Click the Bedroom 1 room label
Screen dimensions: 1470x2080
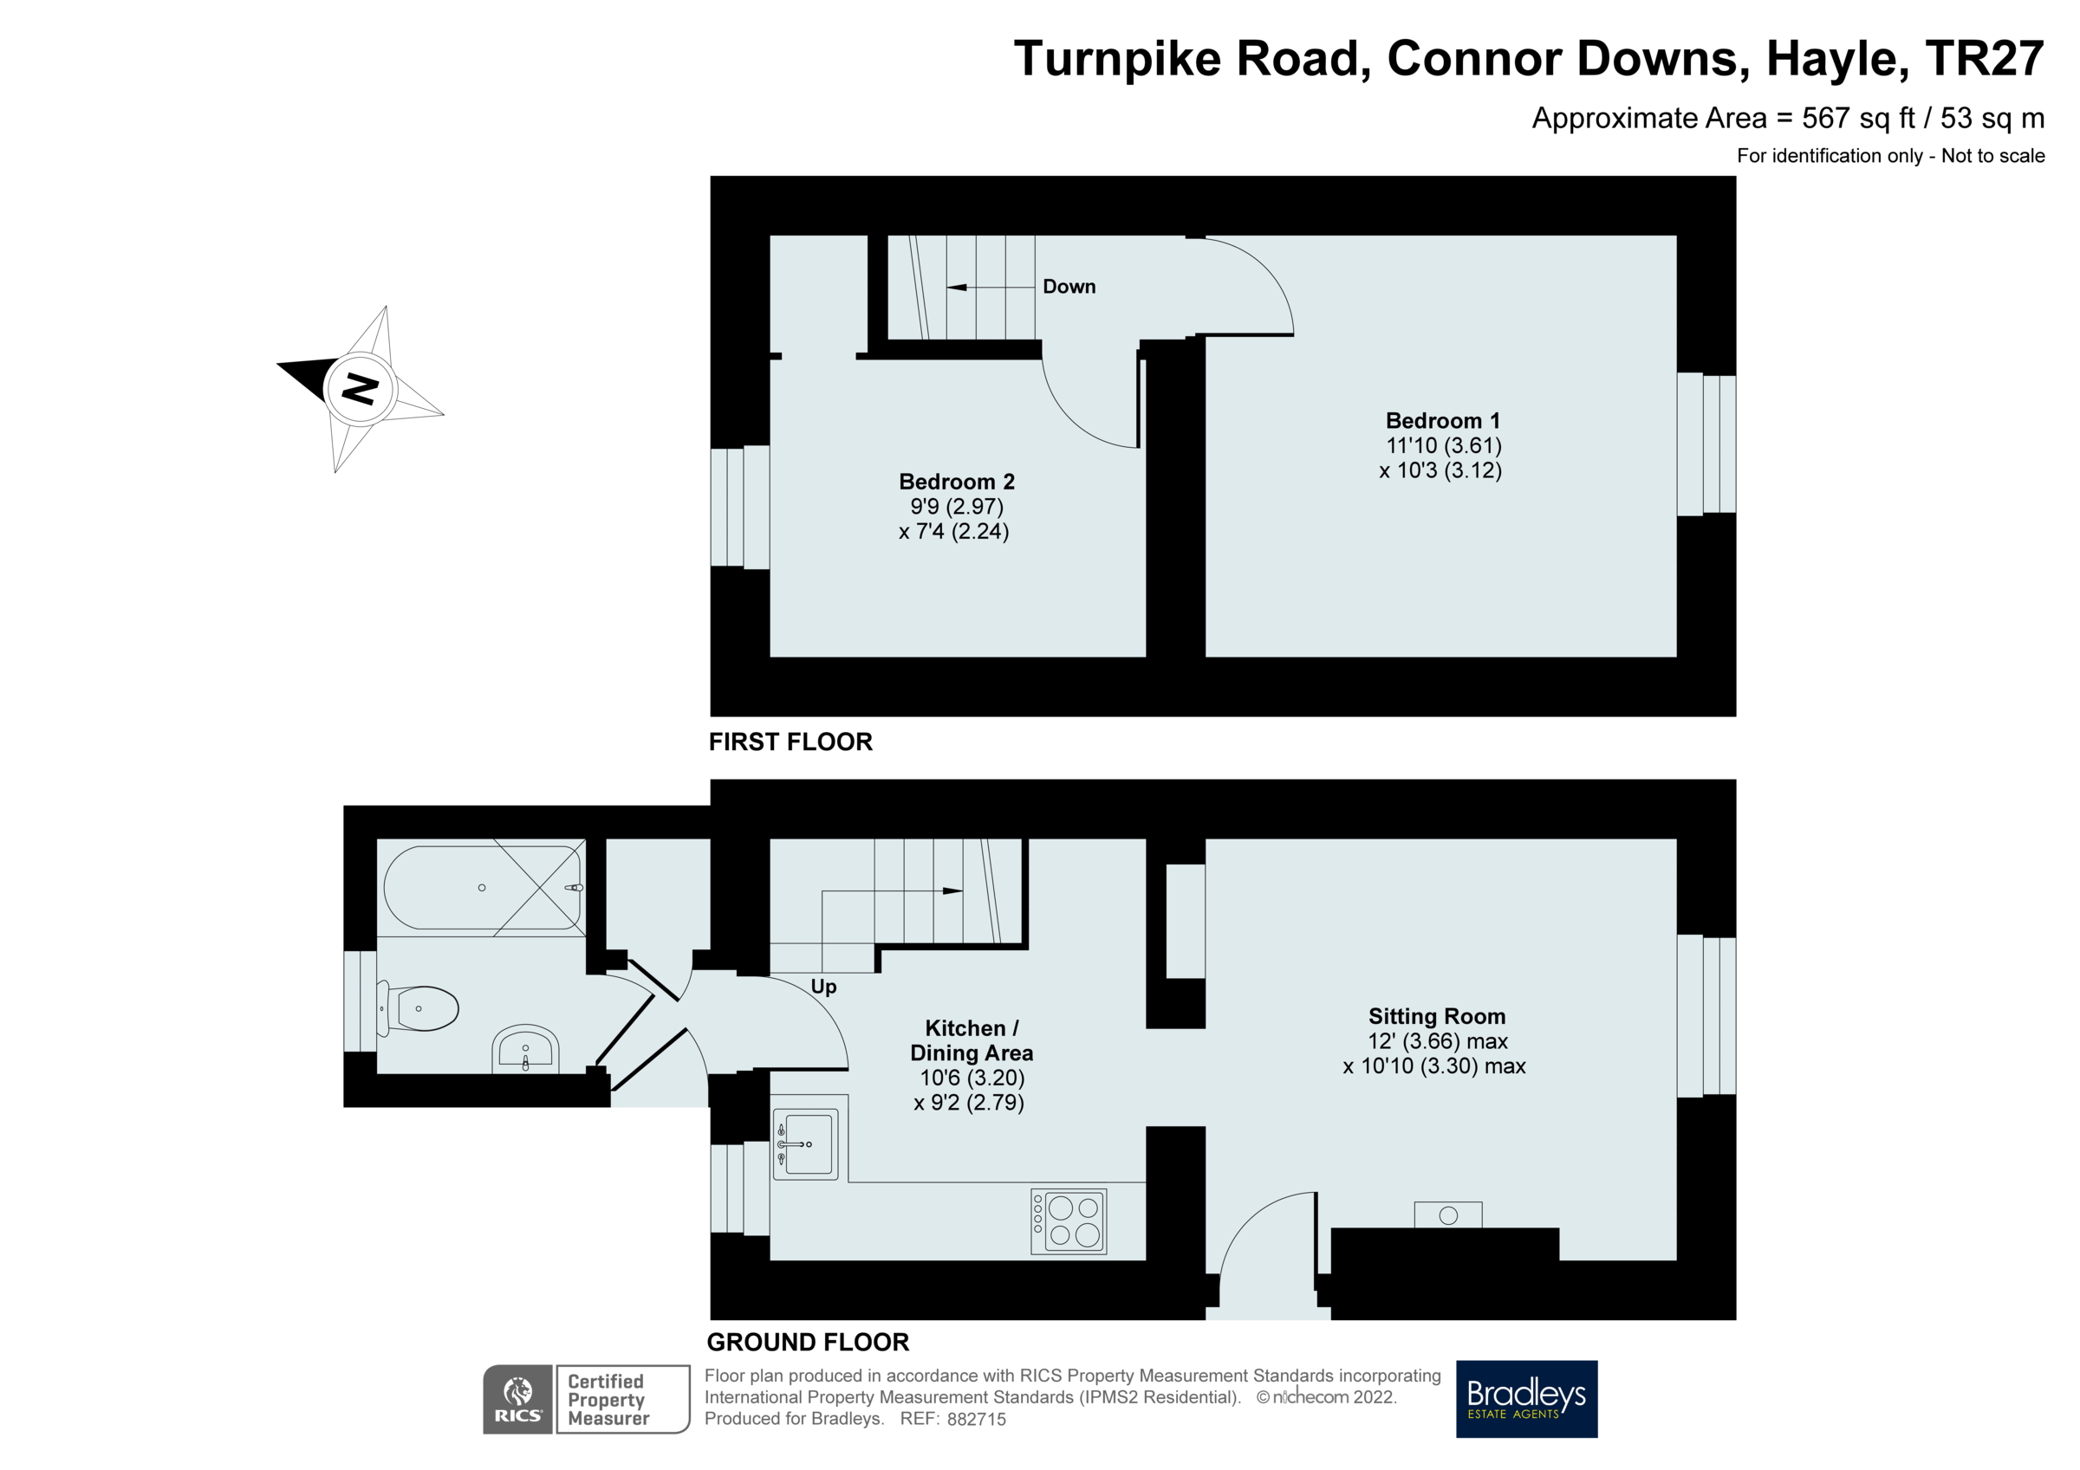pos(1442,420)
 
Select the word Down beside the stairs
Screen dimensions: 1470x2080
pos(1069,287)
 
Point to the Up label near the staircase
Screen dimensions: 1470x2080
pos(822,987)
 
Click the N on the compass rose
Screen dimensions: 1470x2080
pos(361,390)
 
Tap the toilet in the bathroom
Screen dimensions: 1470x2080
pos(420,1008)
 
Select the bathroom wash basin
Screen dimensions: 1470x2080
pos(525,1051)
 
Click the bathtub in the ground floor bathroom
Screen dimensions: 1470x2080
pos(482,888)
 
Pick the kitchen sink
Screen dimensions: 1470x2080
pos(805,1145)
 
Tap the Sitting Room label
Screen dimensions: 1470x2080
pos(1437,1016)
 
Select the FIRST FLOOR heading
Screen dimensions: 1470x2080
pos(790,741)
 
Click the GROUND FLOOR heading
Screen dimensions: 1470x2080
pos(807,1343)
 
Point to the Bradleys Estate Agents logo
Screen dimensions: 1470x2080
pos(1525,1398)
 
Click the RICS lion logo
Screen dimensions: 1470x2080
pos(517,1398)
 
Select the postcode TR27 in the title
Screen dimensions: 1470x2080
pos(1983,59)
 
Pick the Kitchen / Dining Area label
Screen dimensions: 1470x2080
pos(971,1040)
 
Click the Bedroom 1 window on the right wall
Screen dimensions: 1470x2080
pos(1705,444)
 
